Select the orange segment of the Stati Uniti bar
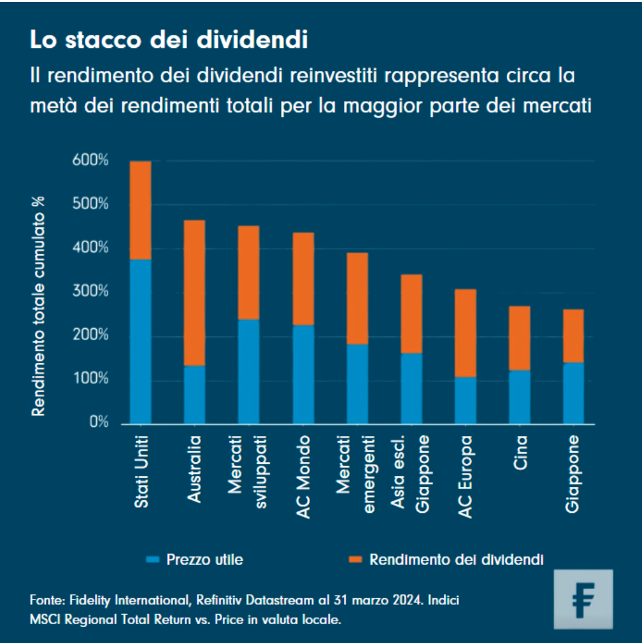pos(140,210)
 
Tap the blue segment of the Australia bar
pos(195,394)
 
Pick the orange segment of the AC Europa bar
pos(466,333)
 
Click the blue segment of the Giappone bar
pos(573,393)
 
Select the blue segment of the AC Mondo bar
pos(303,374)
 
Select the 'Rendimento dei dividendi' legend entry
pos(457,559)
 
